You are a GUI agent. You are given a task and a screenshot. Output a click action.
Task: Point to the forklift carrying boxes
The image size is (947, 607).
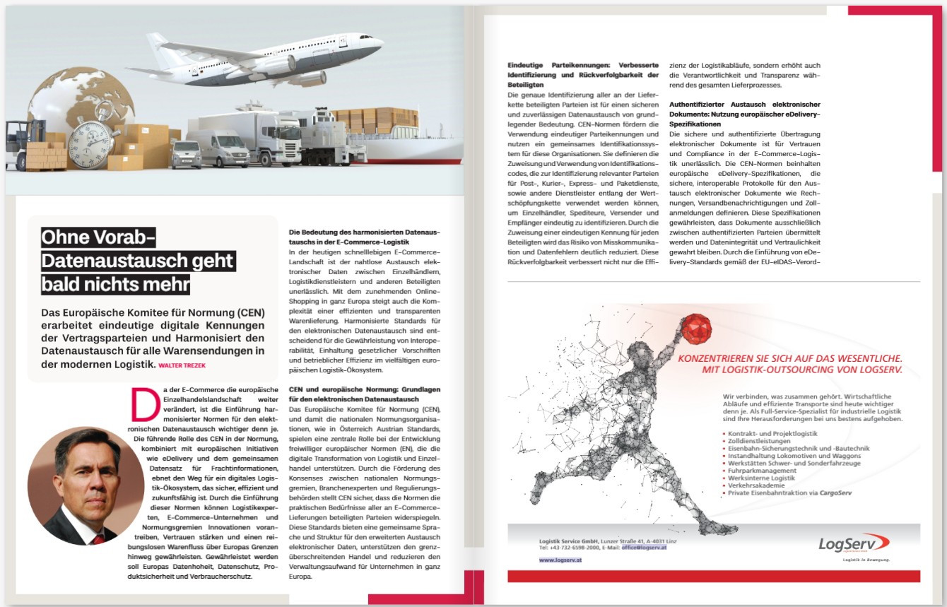25,144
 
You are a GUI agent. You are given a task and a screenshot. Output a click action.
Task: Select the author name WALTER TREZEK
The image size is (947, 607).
182,365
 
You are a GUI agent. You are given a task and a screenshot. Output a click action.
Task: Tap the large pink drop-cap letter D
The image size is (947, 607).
142,406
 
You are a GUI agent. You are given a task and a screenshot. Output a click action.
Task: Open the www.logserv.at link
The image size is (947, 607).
560,560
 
